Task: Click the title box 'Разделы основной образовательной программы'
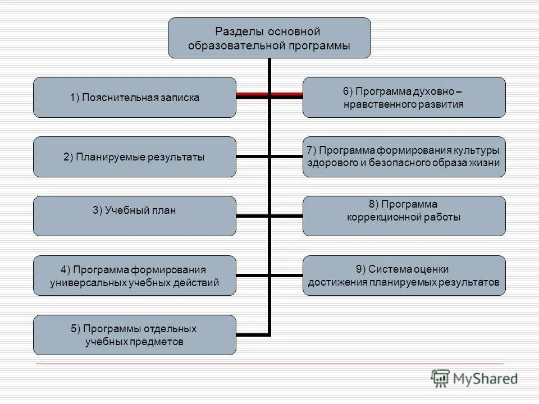pyautogui.click(x=269, y=38)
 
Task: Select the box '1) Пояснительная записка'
pyautogui.click(x=135, y=97)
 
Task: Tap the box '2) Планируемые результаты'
pyautogui.click(x=135, y=157)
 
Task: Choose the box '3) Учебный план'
pyautogui.click(x=135, y=216)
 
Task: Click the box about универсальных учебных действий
pyautogui.click(x=135, y=276)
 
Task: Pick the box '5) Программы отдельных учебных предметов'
pyautogui.click(x=135, y=335)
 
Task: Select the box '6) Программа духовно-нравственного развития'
pyautogui.click(x=404, y=97)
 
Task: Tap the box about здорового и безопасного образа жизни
pyautogui.click(x=404, y=157)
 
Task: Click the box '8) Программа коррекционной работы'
pyautogui.click(x=404, y=216)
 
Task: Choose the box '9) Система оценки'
pyautogui.click(x=404, y=276)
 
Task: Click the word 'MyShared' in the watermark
pyautogui.click(x=486, y=379)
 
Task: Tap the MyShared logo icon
pyautogui.click(x=440, y=378)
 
